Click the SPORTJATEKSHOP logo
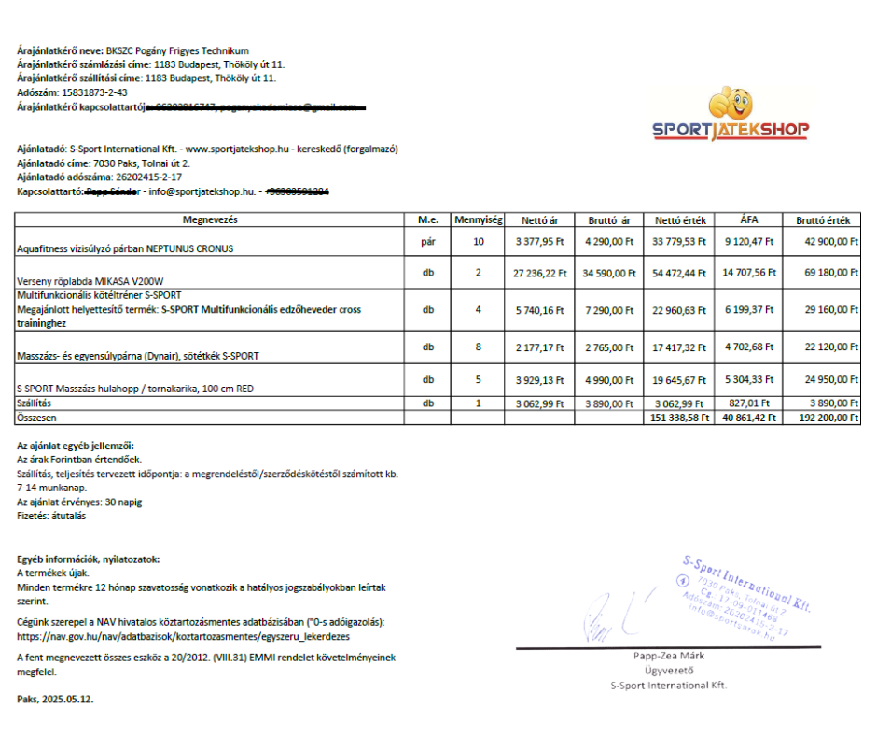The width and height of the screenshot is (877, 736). coord(731,130)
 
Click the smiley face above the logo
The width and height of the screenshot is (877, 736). coord(731,101)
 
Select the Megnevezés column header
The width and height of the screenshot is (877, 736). coord(210,220)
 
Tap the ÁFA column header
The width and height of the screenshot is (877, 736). coord(749,220)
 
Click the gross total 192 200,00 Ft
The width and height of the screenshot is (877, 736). coord(826,418)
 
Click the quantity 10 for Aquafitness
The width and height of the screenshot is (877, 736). coord(479,242)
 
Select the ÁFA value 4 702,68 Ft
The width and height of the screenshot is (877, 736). coord(749,347)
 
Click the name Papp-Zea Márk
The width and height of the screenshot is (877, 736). coord(668,656)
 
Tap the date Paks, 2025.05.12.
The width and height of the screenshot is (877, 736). coord(55,699)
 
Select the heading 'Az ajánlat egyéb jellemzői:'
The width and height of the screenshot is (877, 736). coord(75,446)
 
